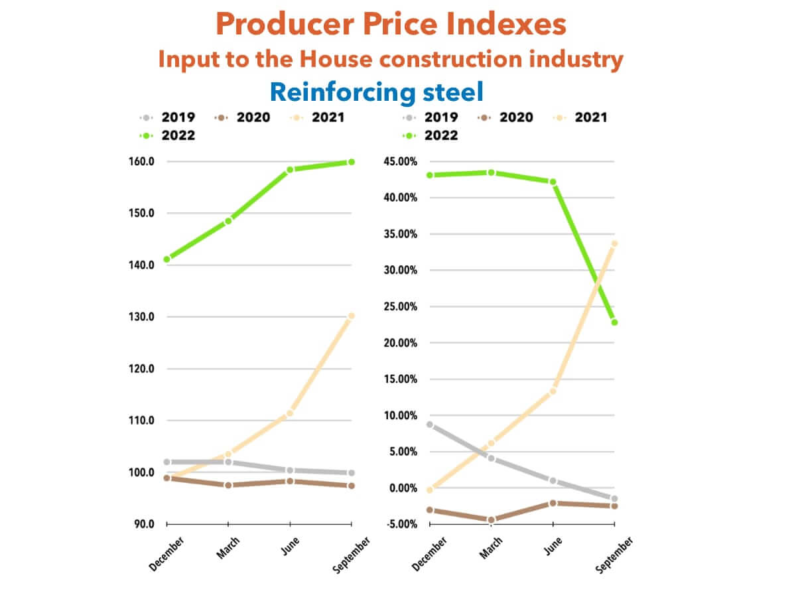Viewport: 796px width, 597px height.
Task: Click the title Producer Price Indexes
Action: click(x=391, y=25)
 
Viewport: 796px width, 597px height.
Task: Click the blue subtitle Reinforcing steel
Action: click(x=377, y=92)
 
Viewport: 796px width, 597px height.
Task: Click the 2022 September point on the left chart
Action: click(x=351, y=162)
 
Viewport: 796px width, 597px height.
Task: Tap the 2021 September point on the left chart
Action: click(x=351, y=316)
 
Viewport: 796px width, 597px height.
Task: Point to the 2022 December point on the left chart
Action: click(x=166, y=259)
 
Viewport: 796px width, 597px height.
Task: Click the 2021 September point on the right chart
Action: click(x=614, y=243)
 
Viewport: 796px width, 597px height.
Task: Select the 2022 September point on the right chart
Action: click(x=614, y=322)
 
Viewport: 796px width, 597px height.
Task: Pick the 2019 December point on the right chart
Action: click(x=430, y=425)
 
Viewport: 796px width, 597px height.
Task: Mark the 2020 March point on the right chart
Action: click(x=492, y=520)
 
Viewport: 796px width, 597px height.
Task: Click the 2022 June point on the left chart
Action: click(x=290, y=170)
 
